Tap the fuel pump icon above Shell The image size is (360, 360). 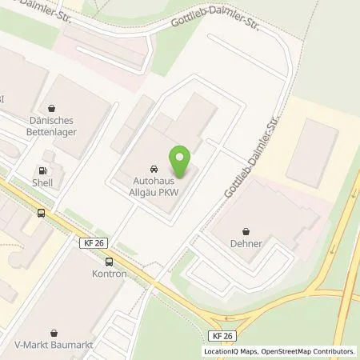42,171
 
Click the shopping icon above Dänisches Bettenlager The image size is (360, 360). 52,108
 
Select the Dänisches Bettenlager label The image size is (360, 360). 52,126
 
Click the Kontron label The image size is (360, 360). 109,274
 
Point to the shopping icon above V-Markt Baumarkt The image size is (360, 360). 54,332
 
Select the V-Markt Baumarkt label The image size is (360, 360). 54,346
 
